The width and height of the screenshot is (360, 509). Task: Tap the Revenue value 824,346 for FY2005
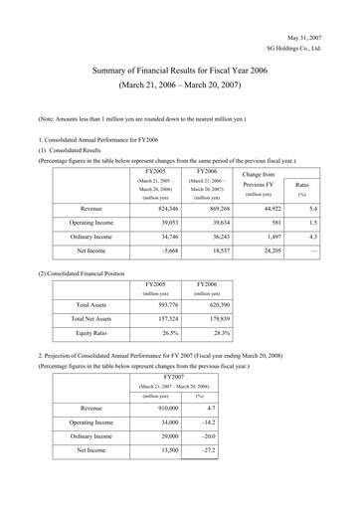(159, 210)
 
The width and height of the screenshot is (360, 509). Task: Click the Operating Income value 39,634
(215, 225)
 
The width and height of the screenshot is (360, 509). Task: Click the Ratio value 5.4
(310, 210)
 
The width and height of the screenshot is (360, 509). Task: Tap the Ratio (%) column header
(302, 190)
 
